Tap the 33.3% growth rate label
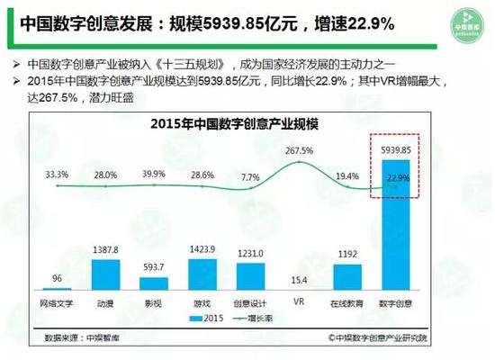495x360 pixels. [58, 174]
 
